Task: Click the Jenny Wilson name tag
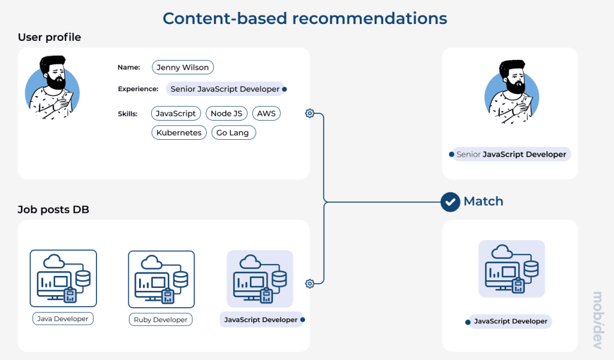click(x=183, y=67)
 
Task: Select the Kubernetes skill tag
click(x=179, y=133)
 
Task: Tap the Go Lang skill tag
click(x=233, y=133)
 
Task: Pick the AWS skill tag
click(x=266, y=113)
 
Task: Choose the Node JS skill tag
click(x=226, y=113)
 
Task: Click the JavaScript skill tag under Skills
click(x=176, y=113)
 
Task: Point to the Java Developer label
click(x=63, y=319)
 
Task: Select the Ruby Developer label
click(x=161, y=319)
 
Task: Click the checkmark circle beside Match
click(x=450, y=202)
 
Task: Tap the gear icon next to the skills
click(x=309, y=113)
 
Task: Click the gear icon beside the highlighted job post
click(x=309, y=284)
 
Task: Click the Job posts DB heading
click(x=53, y=209)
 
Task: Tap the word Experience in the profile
click(x=138, y=89)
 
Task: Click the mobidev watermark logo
click(x=597, y=317)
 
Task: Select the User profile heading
click(x=49, y=37)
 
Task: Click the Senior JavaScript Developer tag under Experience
click(x=225, y=89)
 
